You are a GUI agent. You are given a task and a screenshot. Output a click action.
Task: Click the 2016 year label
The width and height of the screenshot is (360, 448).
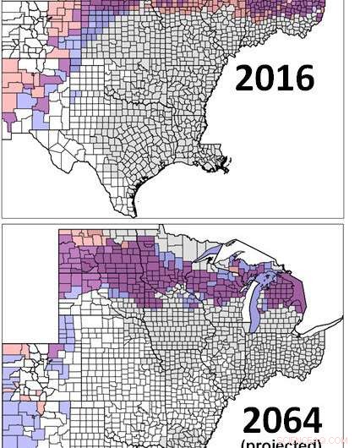tap(274, 78)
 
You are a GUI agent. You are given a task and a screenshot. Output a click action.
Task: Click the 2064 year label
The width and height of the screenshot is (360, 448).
tap(281, 420)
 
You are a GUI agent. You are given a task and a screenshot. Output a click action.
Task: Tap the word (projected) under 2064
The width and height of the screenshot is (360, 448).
tap(281, 443)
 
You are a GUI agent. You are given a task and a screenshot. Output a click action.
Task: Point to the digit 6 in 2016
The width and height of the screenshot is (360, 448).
tap(303, 78)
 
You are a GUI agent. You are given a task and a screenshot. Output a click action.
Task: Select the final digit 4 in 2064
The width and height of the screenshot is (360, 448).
tap(310, 420)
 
